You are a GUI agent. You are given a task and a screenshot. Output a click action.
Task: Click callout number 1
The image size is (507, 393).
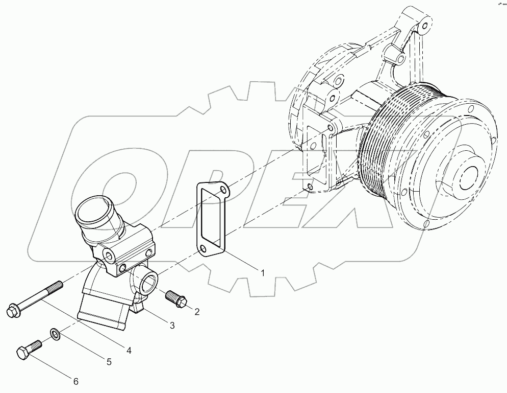coord(263,273)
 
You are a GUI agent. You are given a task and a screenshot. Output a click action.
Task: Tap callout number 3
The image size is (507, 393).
coord(172,325)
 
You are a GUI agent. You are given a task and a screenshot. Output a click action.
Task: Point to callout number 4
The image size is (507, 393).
coord(129,351)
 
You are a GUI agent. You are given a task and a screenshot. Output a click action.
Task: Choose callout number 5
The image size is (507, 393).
coord(109,362)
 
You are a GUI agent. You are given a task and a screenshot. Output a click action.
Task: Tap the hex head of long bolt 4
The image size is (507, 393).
coord(12,310)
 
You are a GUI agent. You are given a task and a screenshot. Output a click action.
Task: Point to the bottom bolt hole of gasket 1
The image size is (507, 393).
coord(203,249)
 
